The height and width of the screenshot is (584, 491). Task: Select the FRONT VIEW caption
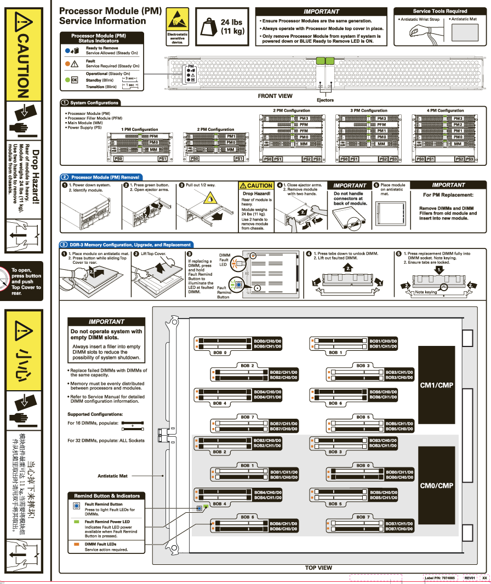tap(275, 96)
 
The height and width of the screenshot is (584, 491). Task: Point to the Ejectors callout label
tap(325, 100)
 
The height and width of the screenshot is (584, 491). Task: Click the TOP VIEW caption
tap(318, 568)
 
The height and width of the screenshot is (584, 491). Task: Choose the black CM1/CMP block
tap(436, 385)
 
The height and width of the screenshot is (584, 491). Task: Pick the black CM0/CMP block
tap(436, 485)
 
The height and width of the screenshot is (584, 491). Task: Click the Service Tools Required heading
tap(439, 11)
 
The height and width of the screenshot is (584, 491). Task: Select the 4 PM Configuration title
tap(445, 111)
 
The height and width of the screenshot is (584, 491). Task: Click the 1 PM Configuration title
tap(140, 130)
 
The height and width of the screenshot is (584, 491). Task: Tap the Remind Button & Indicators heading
tap(107, 496)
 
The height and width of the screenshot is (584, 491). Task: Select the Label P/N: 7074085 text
tap(439, 578)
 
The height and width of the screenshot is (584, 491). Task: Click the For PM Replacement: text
tap(448, 195)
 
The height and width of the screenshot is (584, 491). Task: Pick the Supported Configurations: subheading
tap(95, 414)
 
